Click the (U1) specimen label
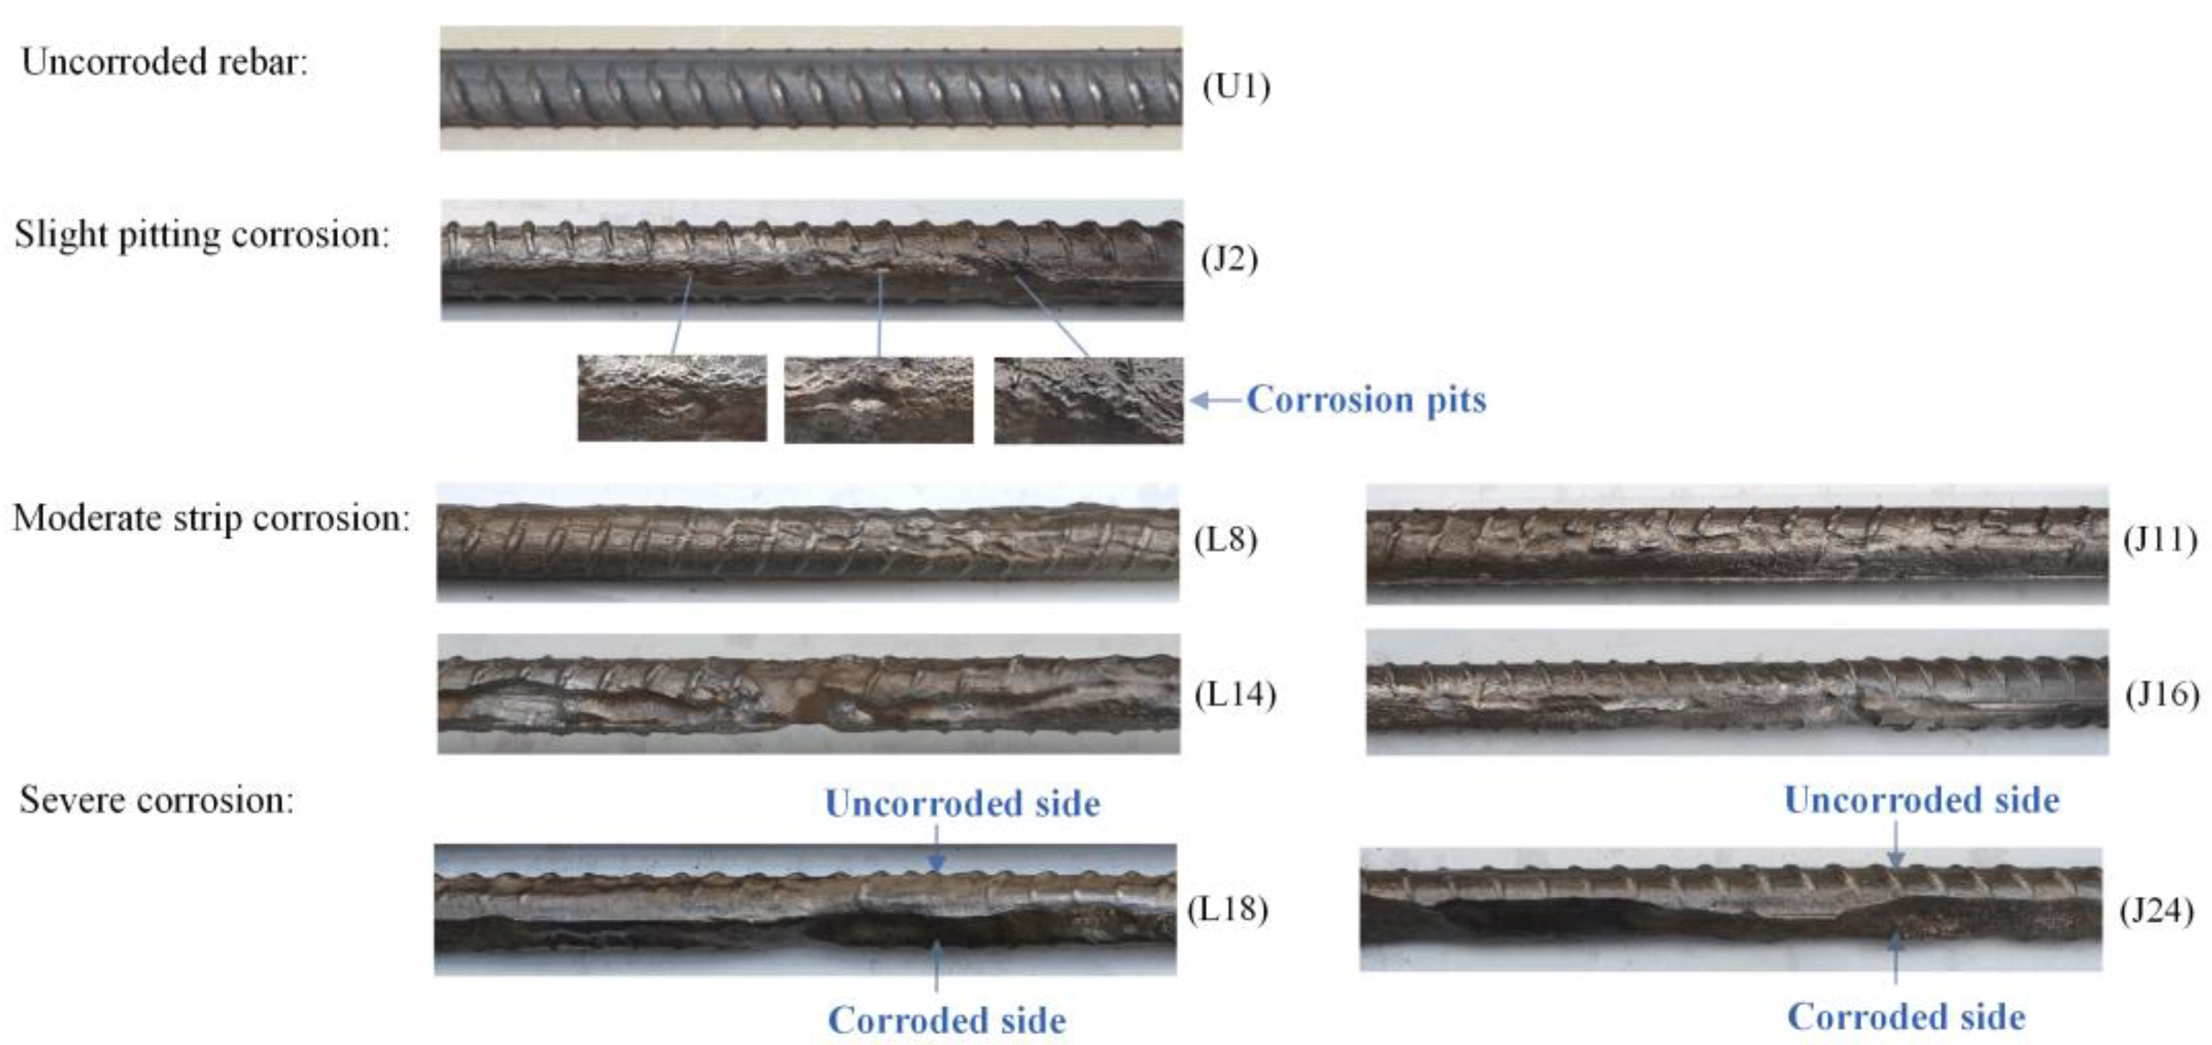(1236, 86)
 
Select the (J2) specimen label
(1229, 259)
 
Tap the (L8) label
(1226, 539)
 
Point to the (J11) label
(2160, 539)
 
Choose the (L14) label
(1235, 694)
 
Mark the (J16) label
(2162, 694)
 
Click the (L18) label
(1228, 908)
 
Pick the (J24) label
(2156, 911)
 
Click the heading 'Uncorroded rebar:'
(164, 62)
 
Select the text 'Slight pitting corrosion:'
(202, 235)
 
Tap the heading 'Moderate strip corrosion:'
(211, 519)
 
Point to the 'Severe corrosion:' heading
(156, 800)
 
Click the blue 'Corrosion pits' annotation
(1366, 400)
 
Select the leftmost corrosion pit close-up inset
(672, 399)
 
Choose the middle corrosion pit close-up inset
(879, 400)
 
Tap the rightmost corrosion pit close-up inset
(1088, 400)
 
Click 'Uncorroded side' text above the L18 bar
(962, 803)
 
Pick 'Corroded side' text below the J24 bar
(1906, 1018)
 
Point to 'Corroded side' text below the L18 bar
(947, 1021)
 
